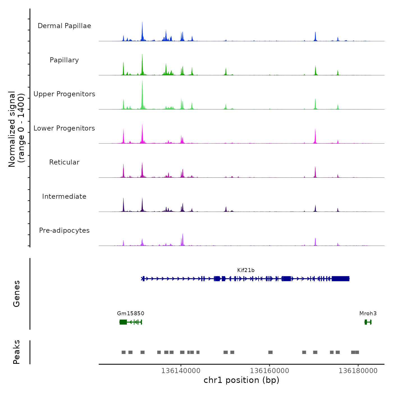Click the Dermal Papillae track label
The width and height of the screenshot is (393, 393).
pyautogui.click(x=64, y=26)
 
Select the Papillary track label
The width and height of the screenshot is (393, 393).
pyautogui.click(x=64, y=60)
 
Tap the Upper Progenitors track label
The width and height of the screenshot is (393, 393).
pyautogui.click(x=64, y=94)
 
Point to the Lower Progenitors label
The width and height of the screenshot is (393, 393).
pyautogui.click(x=64, y=128)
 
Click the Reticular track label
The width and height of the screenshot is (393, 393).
pyautogui.click(x=64, y=162)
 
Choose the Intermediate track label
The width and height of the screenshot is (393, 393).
pyautogui.click(x=64, y=196)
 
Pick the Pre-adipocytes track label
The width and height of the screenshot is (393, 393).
pyautogui.click(x=64, y=230)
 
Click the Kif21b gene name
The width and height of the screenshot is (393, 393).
pyautogui.click(x=246, y=270)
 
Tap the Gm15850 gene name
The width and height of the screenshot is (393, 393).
pyautogui.click(x=131, y=313)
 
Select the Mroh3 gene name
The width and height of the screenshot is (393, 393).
pyautogui.click(x=368, y=313)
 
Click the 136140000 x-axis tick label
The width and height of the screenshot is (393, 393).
pyautogui.click(x=181, y=371)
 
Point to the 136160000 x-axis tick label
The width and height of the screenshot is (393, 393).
pyautogui.click(x=269, y=371)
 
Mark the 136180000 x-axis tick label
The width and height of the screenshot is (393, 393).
pyautogui.click(x=358, y=371)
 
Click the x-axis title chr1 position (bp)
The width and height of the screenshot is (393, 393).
pyautogui.click(x=241, y=380)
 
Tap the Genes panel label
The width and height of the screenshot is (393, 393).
pyautogui.click(x=17, y=294)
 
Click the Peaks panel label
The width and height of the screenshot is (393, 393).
pyautogui.click(x=17, y=352)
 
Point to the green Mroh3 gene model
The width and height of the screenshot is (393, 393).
pyautogui.click(x=368, y=322)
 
